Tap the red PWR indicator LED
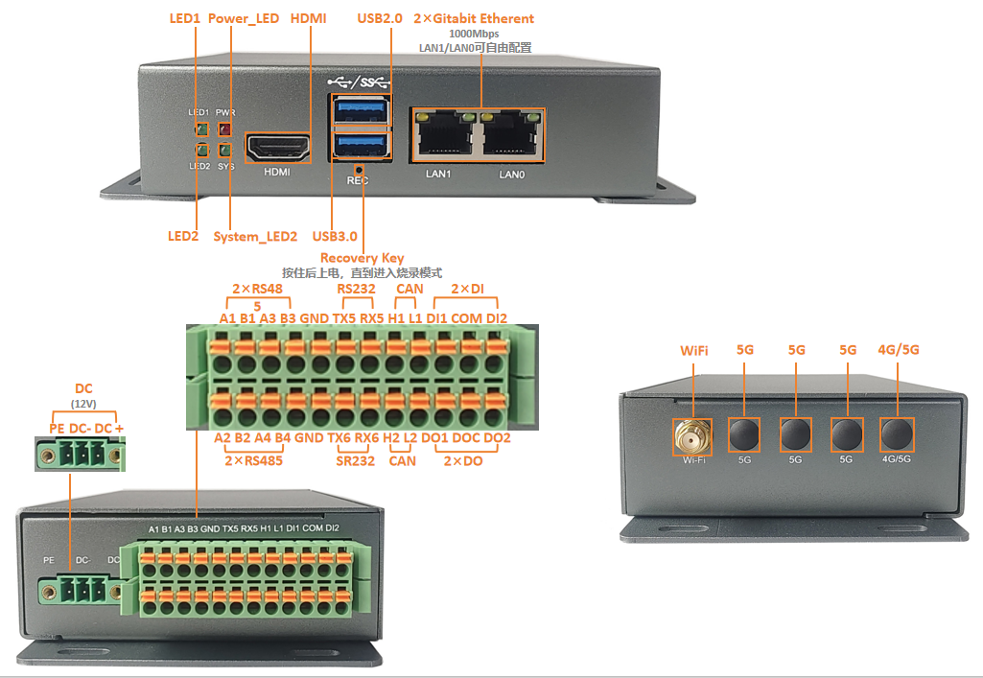pyautogui.click(x=224, y=129)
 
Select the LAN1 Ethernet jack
pyautogui.click(x=444, y=133)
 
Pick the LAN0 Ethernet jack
pyautogui.click(x=512, y=133)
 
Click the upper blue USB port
pyautogui.click(x=361, y=110)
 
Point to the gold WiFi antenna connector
pyautogui.click(x=692, y=435)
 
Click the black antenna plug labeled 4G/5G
pyautogui.click(x=897, y=433)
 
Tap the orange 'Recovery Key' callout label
pyautogui.click(x=362, y=258)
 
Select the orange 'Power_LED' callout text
pyautogui.click(x=244, y=18)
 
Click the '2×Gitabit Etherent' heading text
pyautogui.click(x=474, y=18)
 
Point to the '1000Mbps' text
pyautogui.click(x=474, y=34)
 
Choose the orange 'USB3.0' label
pyautogui.click(x=335, y=236)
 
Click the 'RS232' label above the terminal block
pyautogui.click(x=356, y=289)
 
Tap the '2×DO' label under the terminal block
pyautogui.click(x=463, y=461)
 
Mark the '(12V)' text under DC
pyautogui.click(x=83, y=404)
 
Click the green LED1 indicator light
pyautogui.click(x=201, y=129)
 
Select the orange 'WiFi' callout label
pyautogui.click(x=694, y=350)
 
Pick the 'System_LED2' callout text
pyautogui.click(x=255, y=236)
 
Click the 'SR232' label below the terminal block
pyautogui.click(x=356, y=461)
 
